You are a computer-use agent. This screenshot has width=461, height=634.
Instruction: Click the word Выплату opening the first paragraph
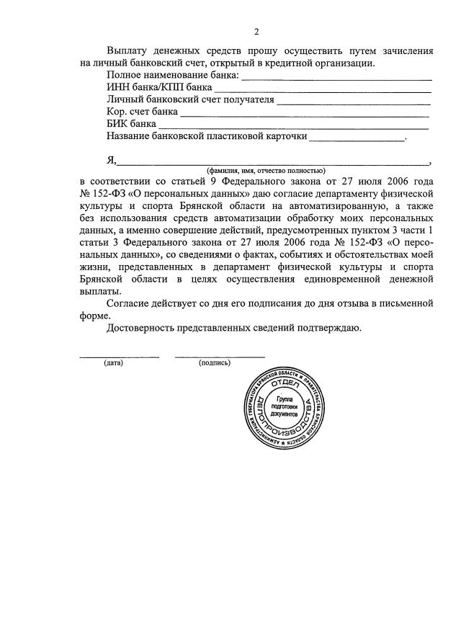[x=128, y=51]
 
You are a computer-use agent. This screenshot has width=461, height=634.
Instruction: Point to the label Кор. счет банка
[x=141, y=112]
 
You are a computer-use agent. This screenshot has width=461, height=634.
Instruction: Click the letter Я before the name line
[x=111, y=160]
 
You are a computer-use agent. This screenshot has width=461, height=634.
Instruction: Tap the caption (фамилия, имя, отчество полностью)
[x=266, y=170]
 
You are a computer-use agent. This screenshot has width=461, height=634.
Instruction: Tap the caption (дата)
[x=113, y=362]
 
